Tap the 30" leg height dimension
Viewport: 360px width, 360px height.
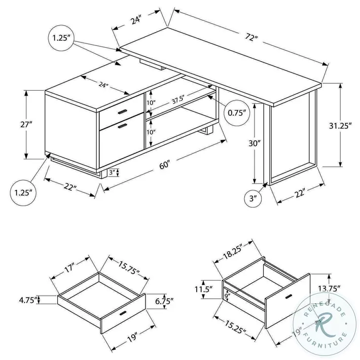254,143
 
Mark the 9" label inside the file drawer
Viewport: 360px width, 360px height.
227,297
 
